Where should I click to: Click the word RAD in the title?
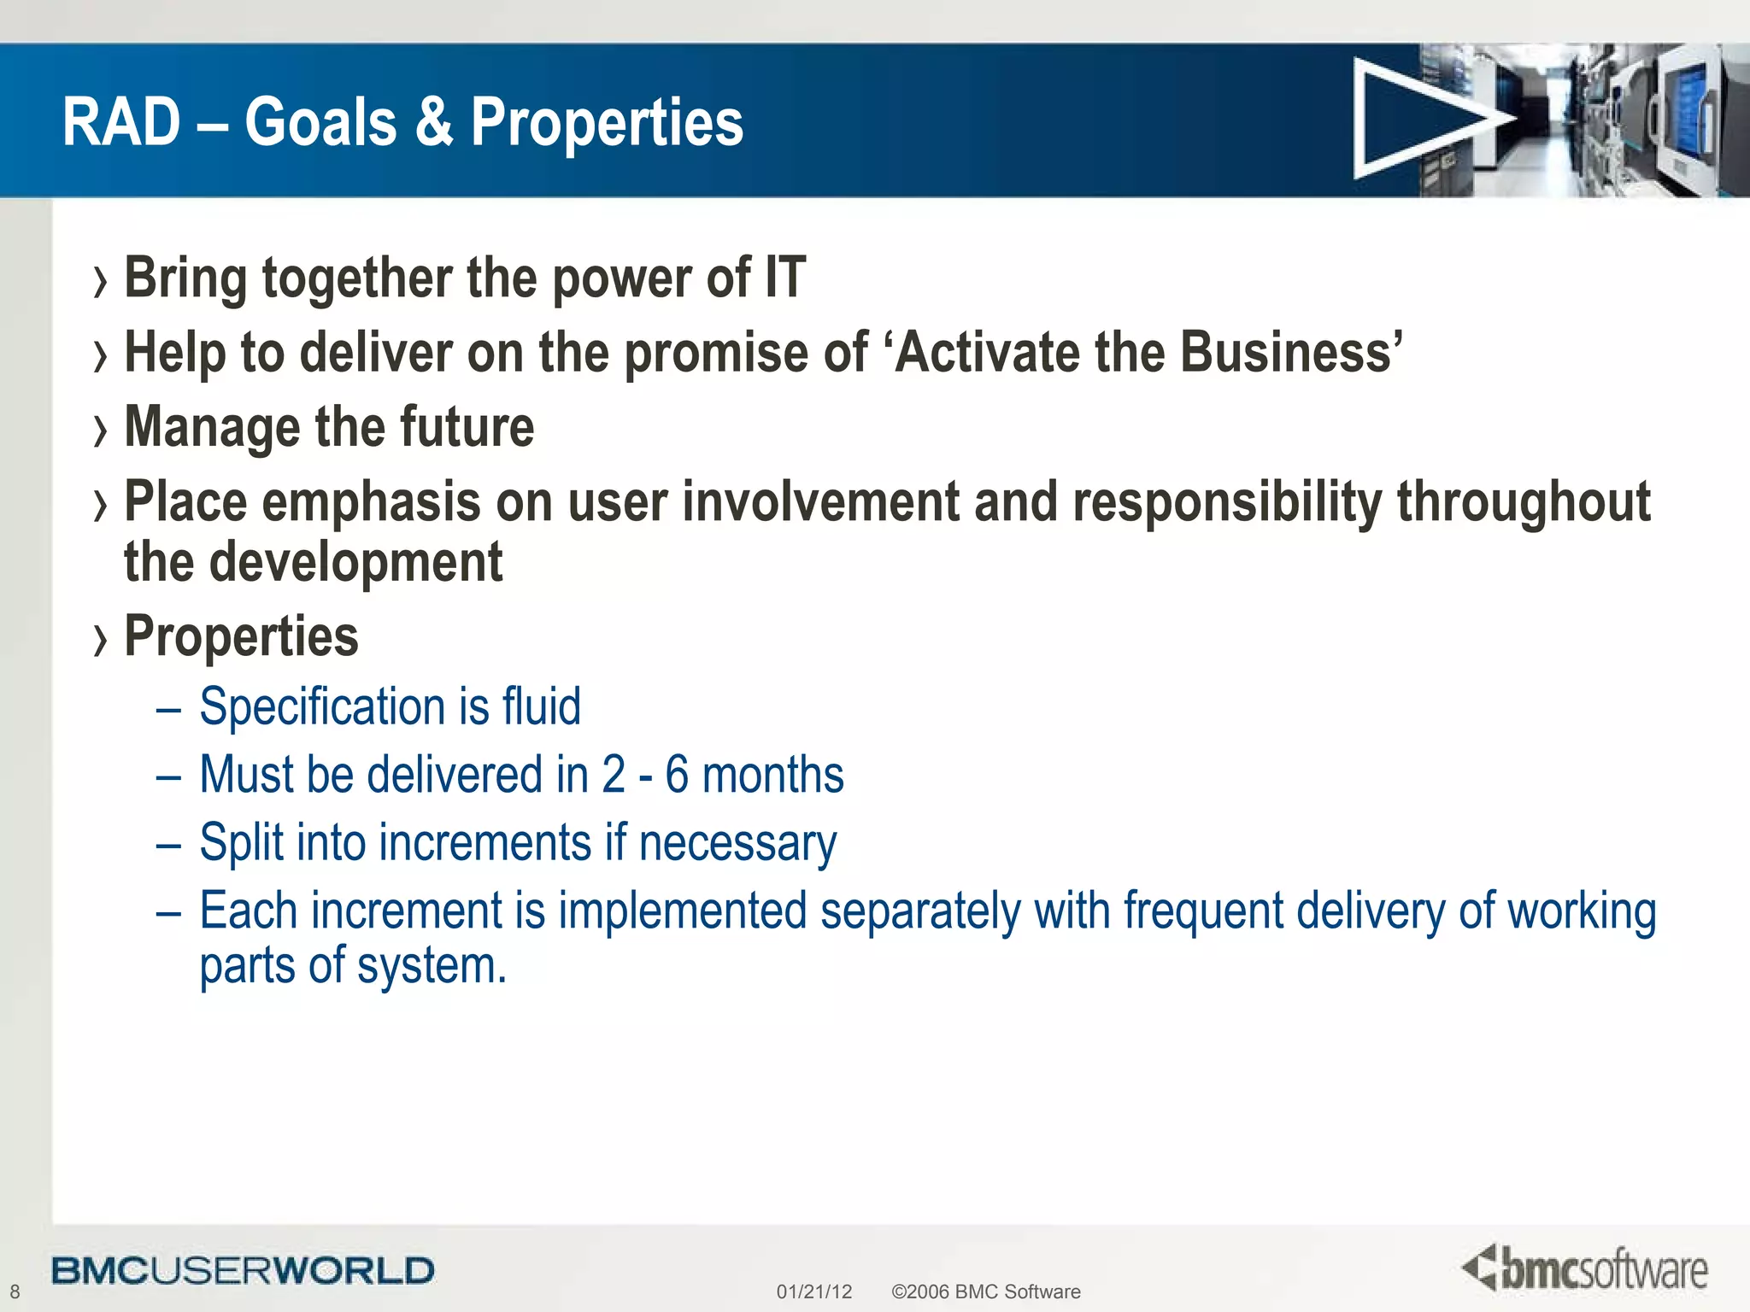pos(121,122)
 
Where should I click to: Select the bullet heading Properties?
pos(241,636)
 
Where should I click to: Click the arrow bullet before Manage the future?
pos(101,430)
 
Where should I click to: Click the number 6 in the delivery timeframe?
pos(677,775)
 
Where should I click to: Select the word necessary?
pos(737,843)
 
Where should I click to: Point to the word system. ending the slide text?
pos(432,966)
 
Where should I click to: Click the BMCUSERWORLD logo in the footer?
pos(243,1270)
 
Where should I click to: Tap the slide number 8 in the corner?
pos(15,1291)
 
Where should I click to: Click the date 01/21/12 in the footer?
pos(813,1291)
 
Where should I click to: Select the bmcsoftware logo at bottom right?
pos(1585,1268)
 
